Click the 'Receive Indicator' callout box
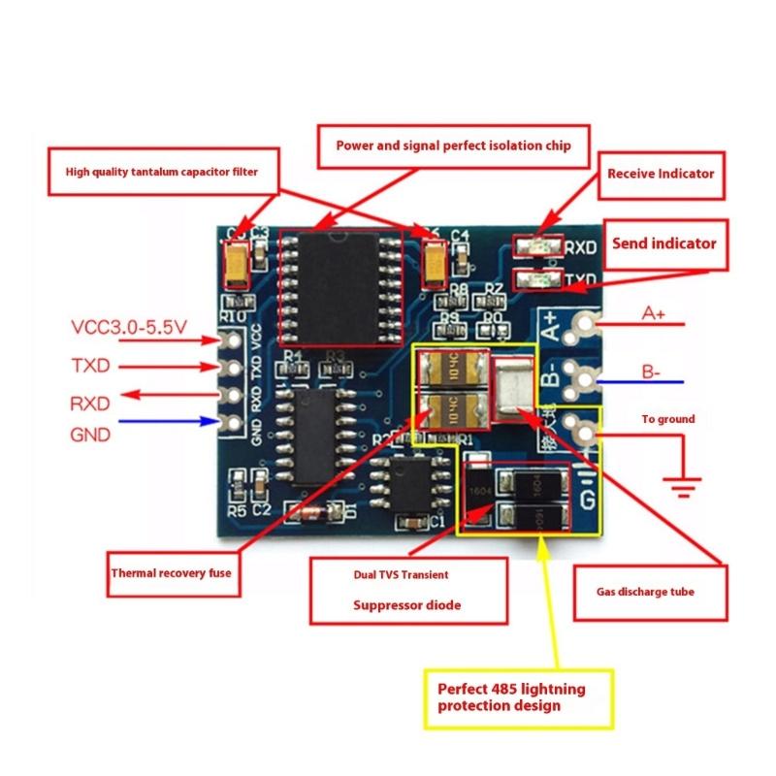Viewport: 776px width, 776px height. [x=660, y=175]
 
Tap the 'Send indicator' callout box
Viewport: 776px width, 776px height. [x=663, y=242]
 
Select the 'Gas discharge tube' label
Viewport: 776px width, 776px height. [x=645, y=591]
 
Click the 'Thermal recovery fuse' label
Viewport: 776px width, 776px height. [x=171, y=573]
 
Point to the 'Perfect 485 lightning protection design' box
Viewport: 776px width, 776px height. [x=520, y=698]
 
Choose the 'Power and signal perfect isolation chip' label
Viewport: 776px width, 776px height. [x=454, y=146]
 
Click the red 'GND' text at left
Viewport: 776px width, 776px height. [x=90, y=435]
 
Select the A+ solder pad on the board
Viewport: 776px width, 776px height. [x=584, y=325]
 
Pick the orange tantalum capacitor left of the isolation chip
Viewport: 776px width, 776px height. [x=237, y=262]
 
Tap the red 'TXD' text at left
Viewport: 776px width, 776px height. [x=90, y=366]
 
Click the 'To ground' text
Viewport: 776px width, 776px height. [x=667, y=419]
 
